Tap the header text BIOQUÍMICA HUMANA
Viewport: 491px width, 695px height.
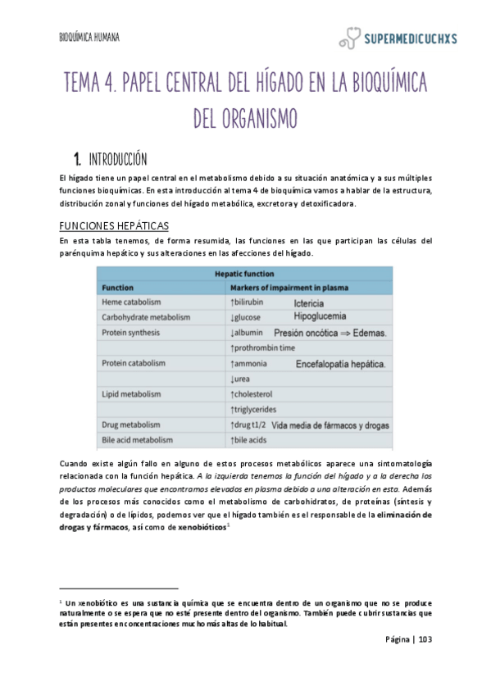point(90,37)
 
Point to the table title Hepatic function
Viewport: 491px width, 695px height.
point(244,274)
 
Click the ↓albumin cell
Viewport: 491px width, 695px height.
point(249,333)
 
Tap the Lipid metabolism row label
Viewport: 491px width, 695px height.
point(133,394)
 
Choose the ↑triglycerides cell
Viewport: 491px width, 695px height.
point(253,409)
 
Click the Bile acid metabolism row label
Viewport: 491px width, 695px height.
point(137,439)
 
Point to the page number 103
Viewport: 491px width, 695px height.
point(425,640)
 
